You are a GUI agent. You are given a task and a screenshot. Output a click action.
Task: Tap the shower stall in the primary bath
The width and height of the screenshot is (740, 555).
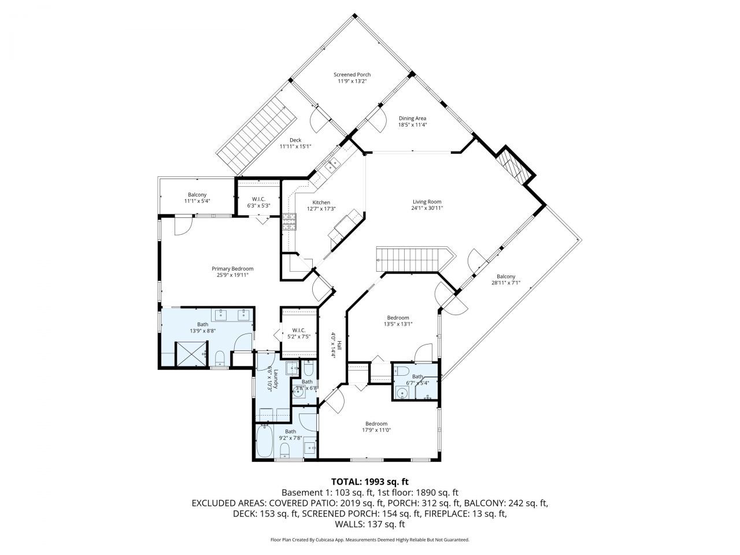[191, 353]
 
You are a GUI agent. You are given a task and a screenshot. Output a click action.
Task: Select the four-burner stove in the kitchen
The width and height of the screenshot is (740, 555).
[289, 222]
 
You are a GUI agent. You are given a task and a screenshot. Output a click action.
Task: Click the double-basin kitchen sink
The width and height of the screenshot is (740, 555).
[333, 165]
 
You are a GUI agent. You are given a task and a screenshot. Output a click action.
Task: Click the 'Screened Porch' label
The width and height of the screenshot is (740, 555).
[352, 75]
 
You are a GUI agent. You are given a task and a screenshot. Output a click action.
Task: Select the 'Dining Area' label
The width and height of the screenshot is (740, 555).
[412, 118]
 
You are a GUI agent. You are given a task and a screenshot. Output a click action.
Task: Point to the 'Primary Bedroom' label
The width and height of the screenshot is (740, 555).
[232, 269]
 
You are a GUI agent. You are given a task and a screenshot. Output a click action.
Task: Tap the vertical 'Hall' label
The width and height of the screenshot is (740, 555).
[340, 346]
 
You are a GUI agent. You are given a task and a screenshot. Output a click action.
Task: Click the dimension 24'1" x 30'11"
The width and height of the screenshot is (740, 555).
[427, 208]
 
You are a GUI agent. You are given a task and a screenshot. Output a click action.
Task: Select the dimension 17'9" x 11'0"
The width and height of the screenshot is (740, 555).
[376, 430]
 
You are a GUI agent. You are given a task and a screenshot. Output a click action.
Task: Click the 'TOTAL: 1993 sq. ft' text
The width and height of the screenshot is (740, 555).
[369, 481]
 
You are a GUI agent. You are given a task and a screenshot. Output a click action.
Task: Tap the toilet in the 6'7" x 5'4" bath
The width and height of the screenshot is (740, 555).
[404, 371]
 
